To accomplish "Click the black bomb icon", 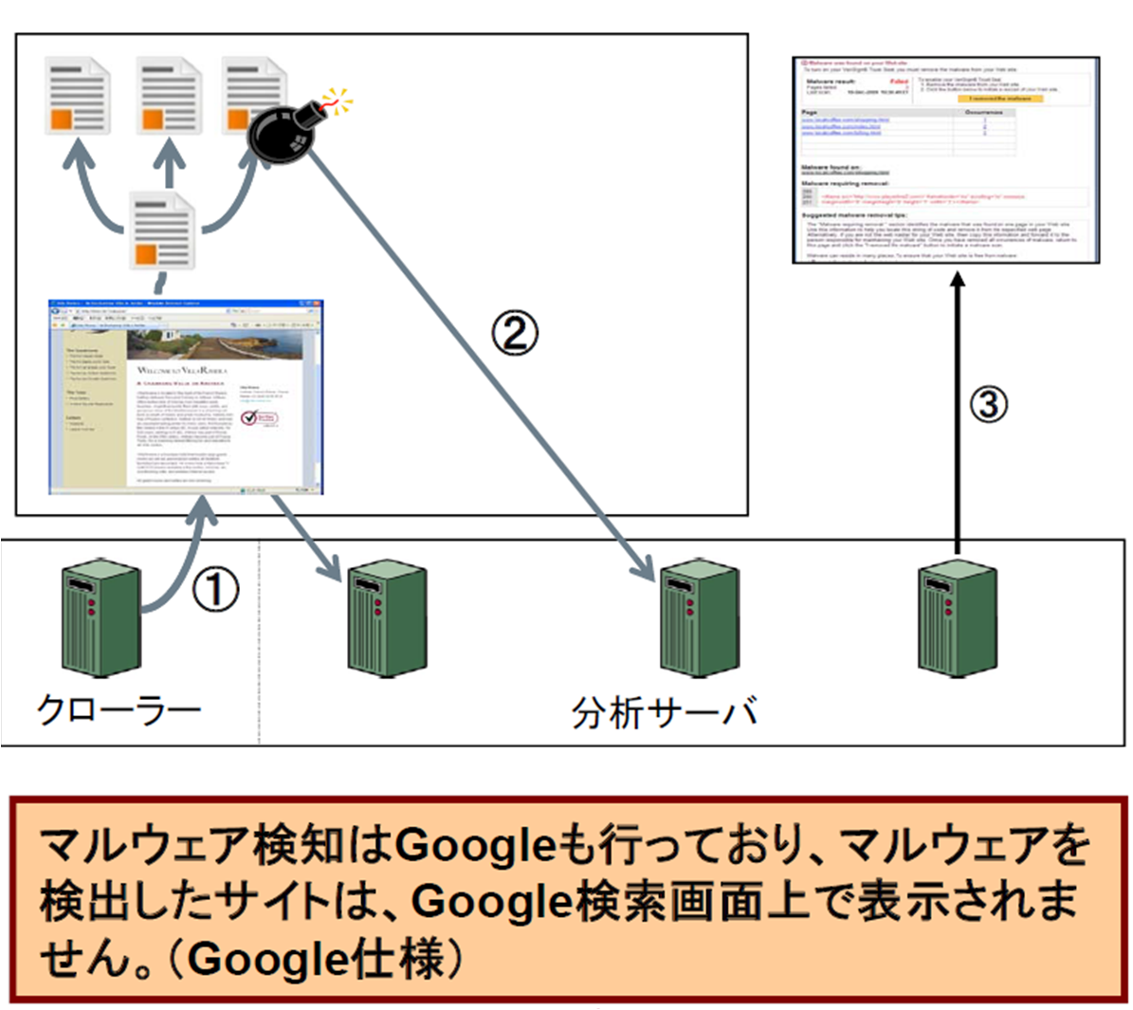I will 283,134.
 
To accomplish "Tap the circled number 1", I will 216,589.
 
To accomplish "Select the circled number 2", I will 514,333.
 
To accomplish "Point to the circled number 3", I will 988,405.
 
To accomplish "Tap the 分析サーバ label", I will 664,712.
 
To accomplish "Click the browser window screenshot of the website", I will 186,397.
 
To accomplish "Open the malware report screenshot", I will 945,159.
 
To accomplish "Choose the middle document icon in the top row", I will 169,96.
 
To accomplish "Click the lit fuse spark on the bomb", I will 333,100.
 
